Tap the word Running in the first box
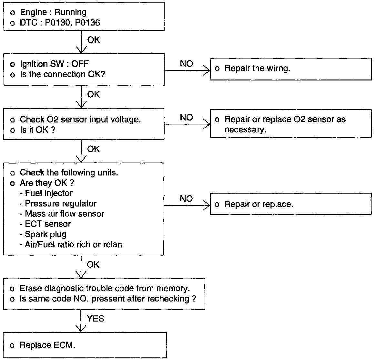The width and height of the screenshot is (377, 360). [x=70, y=12]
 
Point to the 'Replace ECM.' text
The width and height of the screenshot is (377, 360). [x=47, y=345]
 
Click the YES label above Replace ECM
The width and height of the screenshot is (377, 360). [x=95, y=319]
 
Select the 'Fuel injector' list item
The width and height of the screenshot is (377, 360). [x=49, y=193]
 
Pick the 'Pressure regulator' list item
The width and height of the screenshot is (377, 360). [x=61, y=204]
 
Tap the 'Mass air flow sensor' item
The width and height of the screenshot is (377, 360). [x=65, y=214]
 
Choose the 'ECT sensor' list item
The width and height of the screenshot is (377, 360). [x=48, y=224]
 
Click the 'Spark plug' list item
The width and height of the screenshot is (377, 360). [x=46, y=234]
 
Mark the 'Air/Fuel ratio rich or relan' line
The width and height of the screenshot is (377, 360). [x=73, y=244]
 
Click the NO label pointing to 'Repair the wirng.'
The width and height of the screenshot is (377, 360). [x=186, y=64]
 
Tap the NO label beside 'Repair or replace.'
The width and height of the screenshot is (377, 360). [x=186, y=199]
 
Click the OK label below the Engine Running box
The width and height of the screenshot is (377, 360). [x=94, y=40]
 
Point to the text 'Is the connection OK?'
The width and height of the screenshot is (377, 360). [x=63, y=74]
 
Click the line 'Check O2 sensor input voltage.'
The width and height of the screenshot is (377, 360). [x=80, y=119]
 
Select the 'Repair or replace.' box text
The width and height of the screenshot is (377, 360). [x=259, y=204]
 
